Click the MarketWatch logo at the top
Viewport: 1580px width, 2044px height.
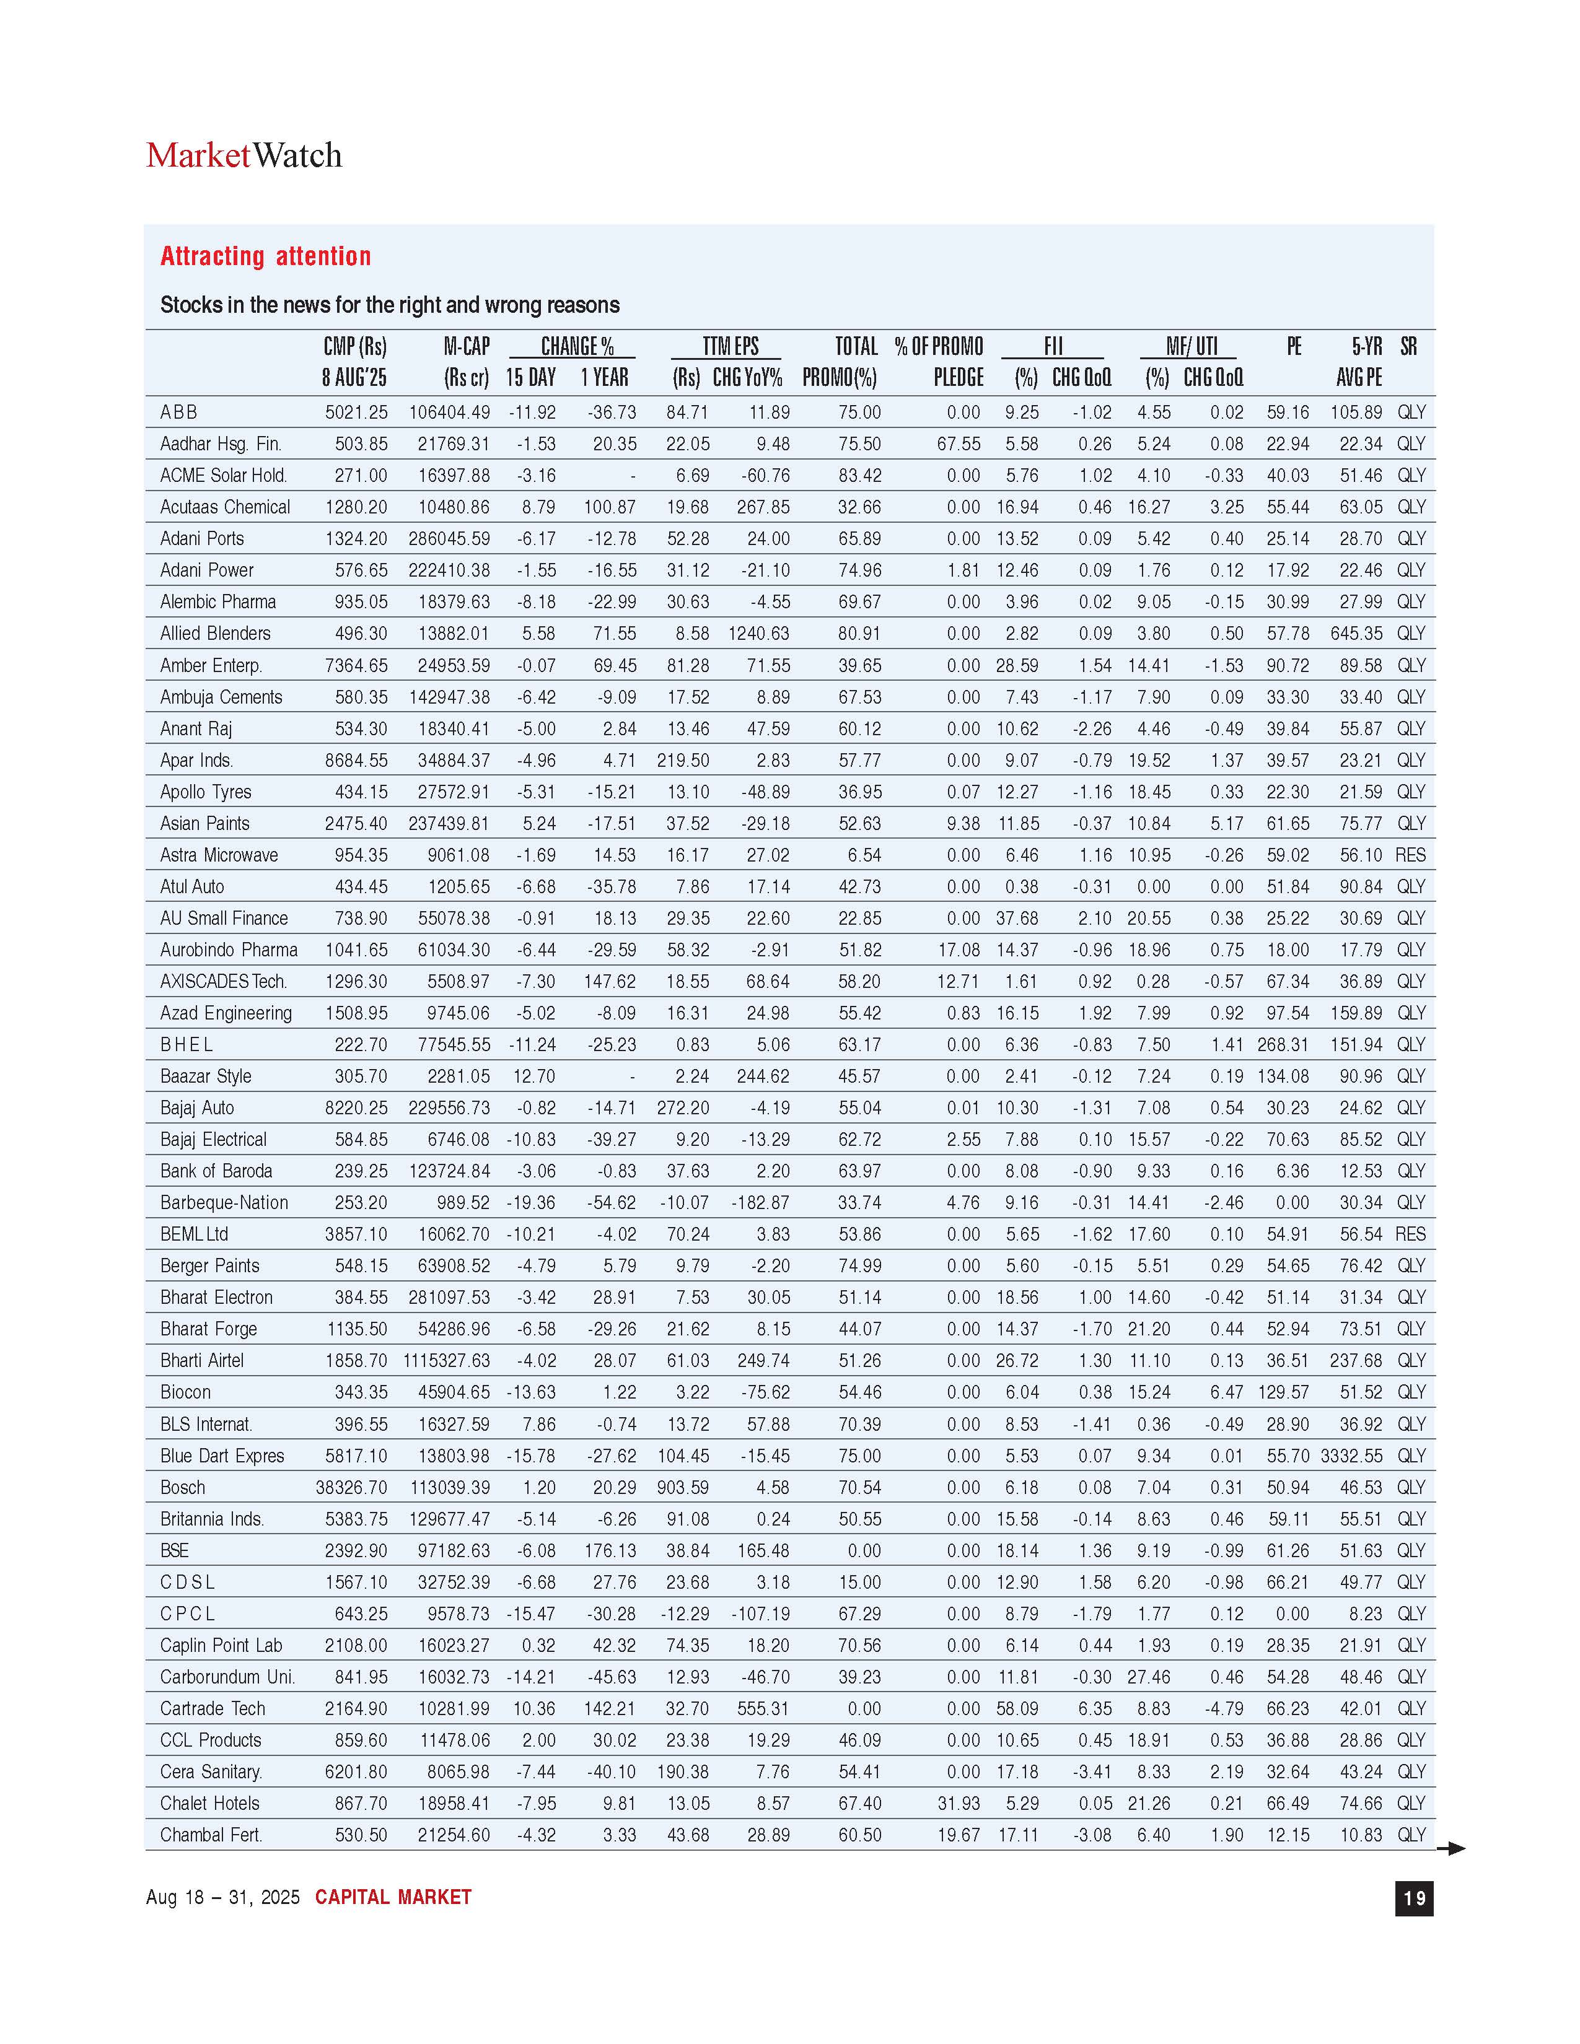pyautogui.click(x=244, y=155)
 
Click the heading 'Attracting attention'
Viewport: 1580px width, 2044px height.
pyautogui.click(x=265, y=256)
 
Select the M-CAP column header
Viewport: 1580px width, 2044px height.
pyautogui.click(x=466, y=361)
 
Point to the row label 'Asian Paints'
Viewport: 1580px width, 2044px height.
pyautogui.click(x=205, y=824)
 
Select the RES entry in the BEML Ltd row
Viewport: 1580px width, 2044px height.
pyautogui.click(x=1410, y=1234)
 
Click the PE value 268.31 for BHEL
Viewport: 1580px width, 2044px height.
pyautogui.click(x=1283, y=1044)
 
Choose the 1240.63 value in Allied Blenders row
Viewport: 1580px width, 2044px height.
pyautogui.click(x=758, y=634)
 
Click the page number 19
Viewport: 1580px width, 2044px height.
pyautogui.click(x=1413, y=1897)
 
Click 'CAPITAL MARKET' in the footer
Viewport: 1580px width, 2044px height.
pyautogui.click(x=393, y=1897)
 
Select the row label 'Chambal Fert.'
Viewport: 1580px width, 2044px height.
pyautogui.click(x=211, y=1835)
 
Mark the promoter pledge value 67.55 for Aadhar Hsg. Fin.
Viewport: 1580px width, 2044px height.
pyautogui.click(x=959, y=443)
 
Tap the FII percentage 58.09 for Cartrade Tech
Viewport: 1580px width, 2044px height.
pyautogui.click(x=1017, y=1709)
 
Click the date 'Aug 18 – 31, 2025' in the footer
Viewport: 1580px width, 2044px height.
pyautogui.click(x=223, y=1897)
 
